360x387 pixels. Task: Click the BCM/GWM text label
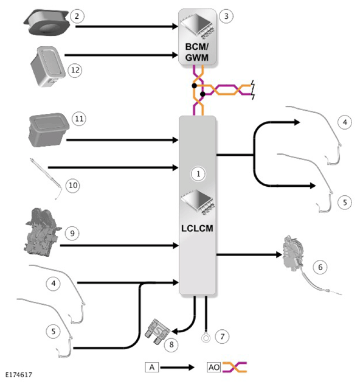pyautogui.click(x=197, y=52)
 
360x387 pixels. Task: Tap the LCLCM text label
pyautogui.click(x=197, y=229)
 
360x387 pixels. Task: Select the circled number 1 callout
pyautogui.click(x=198, y=174)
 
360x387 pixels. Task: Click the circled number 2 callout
pyautogui.click(x=77, y=16)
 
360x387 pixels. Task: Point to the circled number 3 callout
pyautogui.click(x=226, y=16)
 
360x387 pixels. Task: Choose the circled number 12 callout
pyautogui.click(x=75, y=71)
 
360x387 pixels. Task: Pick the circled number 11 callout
pyautogui.click(x=79, y=119)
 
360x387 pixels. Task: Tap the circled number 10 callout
pyautogui.click(x=73, y=185)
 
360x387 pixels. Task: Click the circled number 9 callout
pyautogui.click(x=72, y=233)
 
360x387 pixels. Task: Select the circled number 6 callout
pyautogui.click(x=320, y=267)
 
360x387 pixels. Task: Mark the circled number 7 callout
pyautogui.click(x=222, y=336)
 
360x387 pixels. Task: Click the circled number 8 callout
pyautogui.click(x=171, y=344)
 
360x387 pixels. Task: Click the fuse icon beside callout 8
pyautogui.click(x=157, y=331)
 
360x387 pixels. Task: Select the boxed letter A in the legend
pyautogui.click(x=151, y=368)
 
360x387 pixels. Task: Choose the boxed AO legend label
pyautogui.click(x=213, y=368)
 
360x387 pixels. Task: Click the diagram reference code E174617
pyautogui.click(x=19, y=375)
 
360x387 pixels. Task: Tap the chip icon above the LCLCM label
pyautogui.click(x=197, y=202)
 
